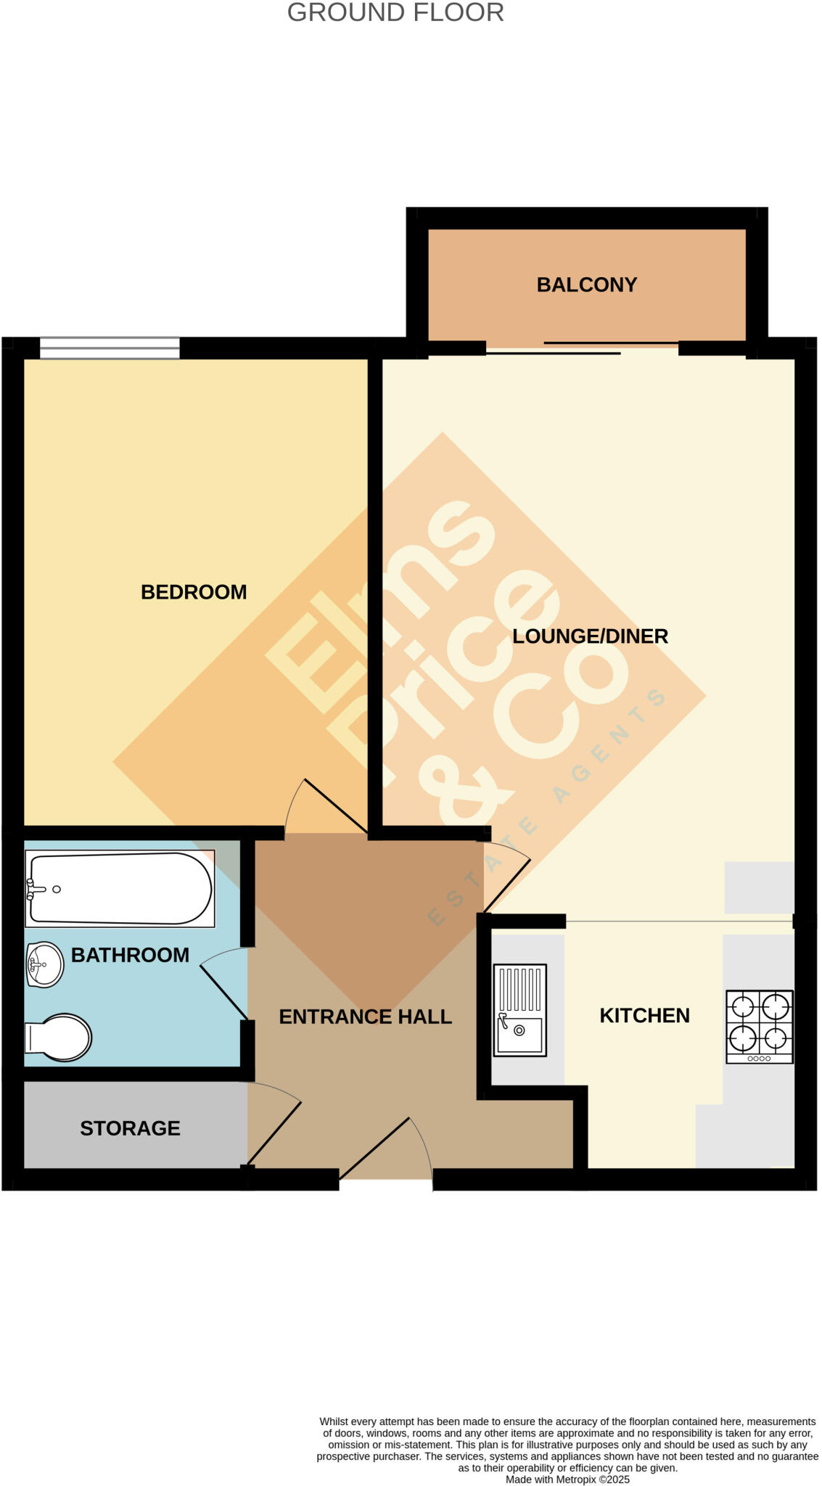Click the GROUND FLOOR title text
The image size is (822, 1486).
[x=395, y=13]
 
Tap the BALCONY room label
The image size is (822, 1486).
[x=586, y=284]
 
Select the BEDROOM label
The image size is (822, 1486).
[x=194, y=592]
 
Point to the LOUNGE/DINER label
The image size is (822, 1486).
[x=590, y=636]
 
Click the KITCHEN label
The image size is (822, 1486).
[x=644, y=1015]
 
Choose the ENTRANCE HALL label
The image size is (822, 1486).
[x=365, y=1017]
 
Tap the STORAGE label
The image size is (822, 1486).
[x=130, y=1128]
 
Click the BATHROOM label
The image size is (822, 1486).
[x=130, y=955]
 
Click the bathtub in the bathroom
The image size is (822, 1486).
[x=120, y=889]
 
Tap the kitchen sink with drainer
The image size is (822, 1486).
[x=519, y=1009]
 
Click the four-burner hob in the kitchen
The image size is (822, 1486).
[x=760, y=1027]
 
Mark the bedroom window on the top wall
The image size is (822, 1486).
[x=110, y=348]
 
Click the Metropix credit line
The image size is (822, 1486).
[x=567, y=1479]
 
